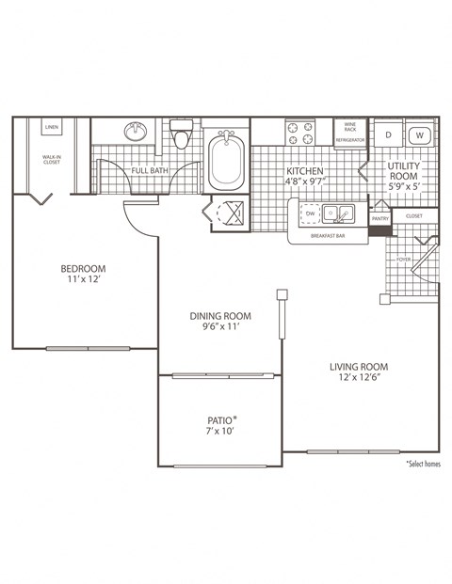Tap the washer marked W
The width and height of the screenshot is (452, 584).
421,134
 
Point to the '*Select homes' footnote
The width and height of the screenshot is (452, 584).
423,463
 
